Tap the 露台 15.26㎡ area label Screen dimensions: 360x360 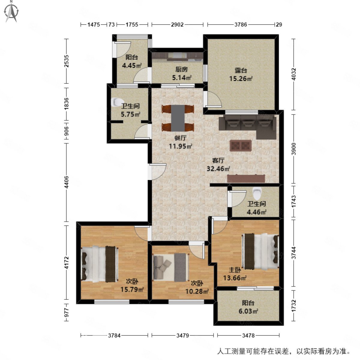pyautogui.click(x=241, y=74)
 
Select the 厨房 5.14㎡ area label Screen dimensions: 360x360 pyautogui.click(x=181, y=73)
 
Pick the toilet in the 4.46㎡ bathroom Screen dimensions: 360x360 pyautogui.click(x=257, y=193)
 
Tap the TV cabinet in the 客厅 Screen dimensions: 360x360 pyautogui.click(x=246, y=178)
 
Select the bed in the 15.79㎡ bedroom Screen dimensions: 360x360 pyautogui.click(x=100, y=264)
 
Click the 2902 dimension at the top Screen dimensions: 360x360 pyautogui.click(x=177, y=25)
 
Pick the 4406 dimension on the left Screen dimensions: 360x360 pyautogui.click(x=67, y=182)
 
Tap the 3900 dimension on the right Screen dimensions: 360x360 pyautogui.click(x=294, y=149)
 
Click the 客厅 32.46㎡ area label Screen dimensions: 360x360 pyautogui.click(x=218, y=165)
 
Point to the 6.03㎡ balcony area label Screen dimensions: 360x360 pyautogui.click(x=248, y=307)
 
